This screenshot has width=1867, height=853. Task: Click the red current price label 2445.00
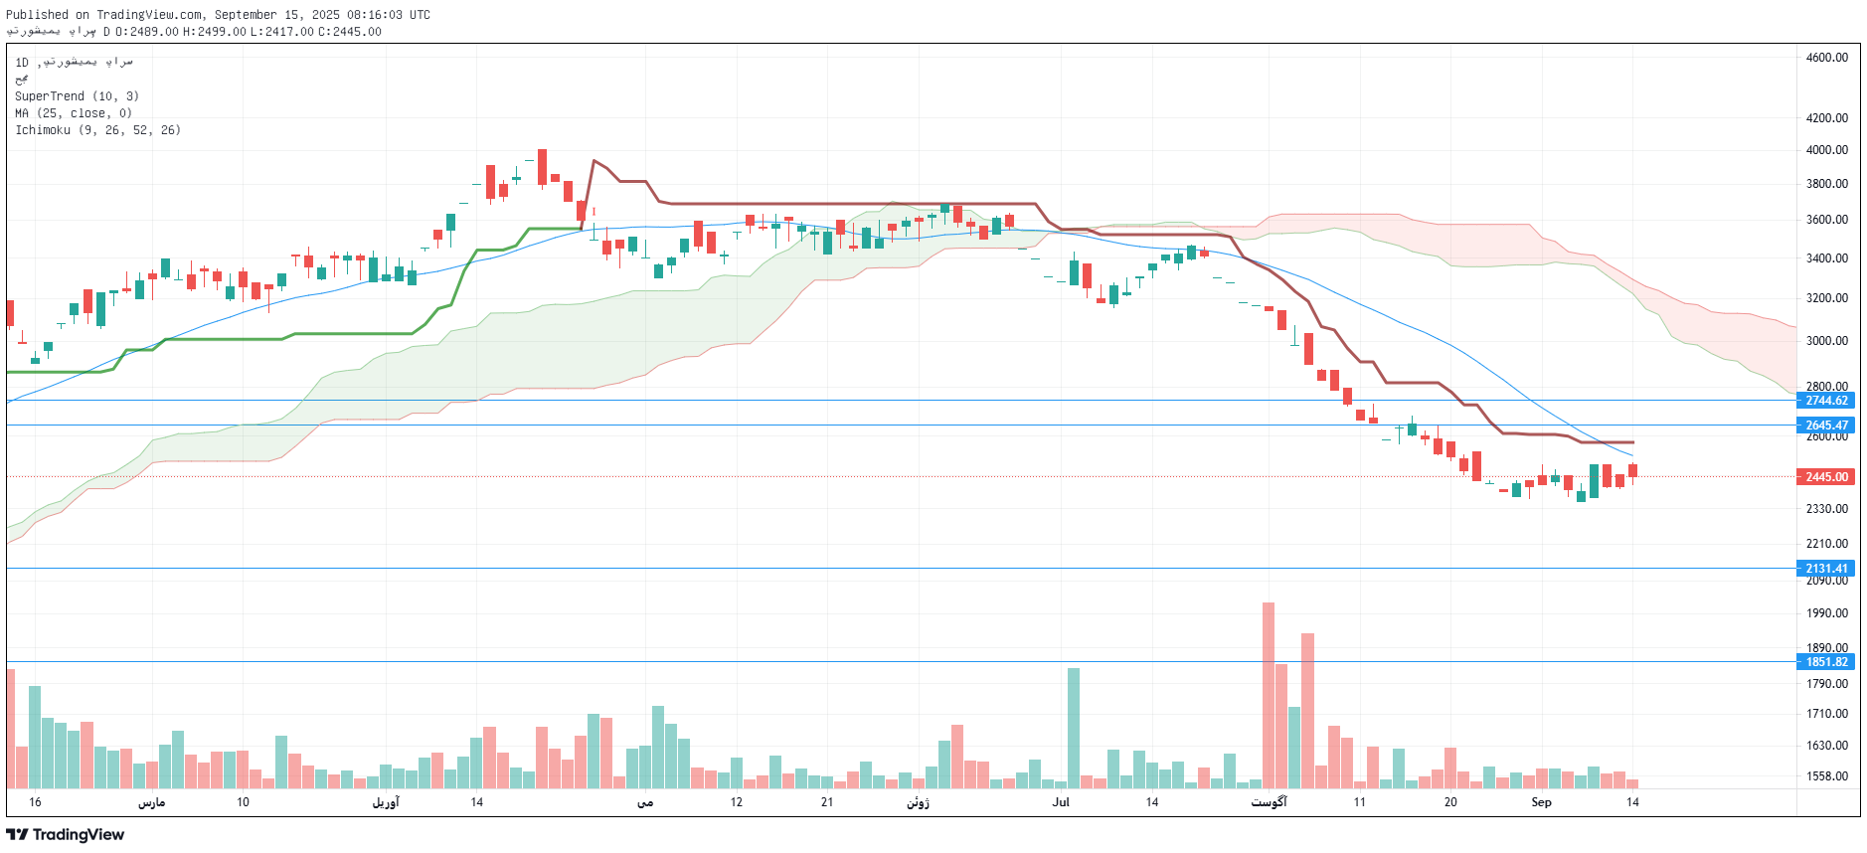[1826, 477]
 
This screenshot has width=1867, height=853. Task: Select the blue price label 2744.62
[1826, 401]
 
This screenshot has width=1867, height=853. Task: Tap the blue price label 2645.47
[1826, 426]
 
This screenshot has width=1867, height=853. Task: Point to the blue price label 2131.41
[1826, 569]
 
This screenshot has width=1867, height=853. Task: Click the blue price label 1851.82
[1826, 662]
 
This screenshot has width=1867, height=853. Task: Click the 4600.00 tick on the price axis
[1826, 58]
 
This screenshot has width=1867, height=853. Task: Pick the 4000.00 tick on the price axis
[1826, 150]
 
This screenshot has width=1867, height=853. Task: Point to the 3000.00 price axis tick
[1826, 341]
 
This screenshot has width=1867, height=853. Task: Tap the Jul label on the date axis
[1061, 802]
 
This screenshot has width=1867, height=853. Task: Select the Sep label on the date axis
[1541, 802]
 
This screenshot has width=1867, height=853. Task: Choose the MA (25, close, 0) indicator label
[74, 113]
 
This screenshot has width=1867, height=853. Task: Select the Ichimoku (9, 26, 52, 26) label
[97, 130]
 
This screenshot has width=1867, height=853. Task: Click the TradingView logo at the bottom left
[66, 835]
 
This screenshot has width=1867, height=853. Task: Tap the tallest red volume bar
[1269, 696]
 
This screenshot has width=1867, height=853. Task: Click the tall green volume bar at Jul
[1074, 728]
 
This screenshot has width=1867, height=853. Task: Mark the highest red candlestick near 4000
[542, 167]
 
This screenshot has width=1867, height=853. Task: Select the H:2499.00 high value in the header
[214, 32]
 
